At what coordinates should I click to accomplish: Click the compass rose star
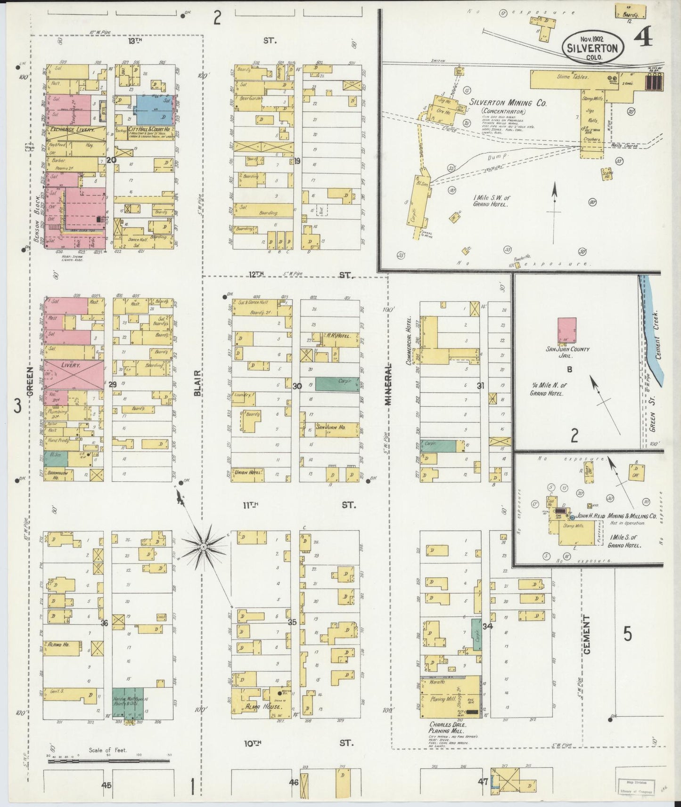coord(203,546)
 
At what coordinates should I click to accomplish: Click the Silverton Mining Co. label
coord(508,103)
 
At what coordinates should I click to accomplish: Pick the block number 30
coord(297,386)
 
